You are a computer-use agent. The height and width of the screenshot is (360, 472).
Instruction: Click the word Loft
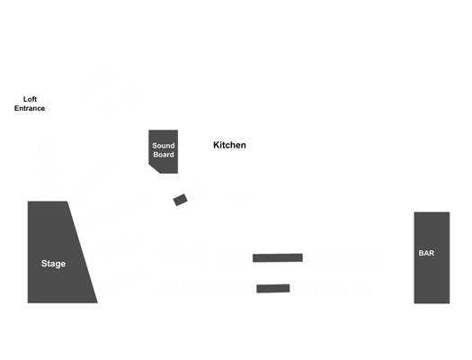pyautogui.click(x=30, y=99)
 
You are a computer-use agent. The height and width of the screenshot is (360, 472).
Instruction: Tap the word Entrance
pyautogui.click(x=30, y=108)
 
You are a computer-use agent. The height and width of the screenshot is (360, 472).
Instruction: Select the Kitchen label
pyautogui.click(x=229, y=145)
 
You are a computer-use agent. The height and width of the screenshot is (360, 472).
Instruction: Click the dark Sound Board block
pyautogui.click(x=164, y=151)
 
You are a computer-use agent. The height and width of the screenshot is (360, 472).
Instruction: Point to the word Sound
pyautogui.click(x=164, y=146)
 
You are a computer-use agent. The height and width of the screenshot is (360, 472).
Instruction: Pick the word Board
pyautogui.click(x=164, y=155)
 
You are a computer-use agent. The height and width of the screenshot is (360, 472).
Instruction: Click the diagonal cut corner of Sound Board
pyautogui.click(x=154, y=169)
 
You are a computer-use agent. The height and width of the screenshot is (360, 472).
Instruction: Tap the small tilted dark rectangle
pyautogui.click(x=181, y=200)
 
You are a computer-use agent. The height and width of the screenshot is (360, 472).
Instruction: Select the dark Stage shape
pyautogui.click(x=58, y=252)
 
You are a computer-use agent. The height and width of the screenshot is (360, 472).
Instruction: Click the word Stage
pyautogui.click(x=53, y=264)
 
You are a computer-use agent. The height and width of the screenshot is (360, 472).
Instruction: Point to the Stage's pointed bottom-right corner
pyautogui.click(x=97, y=302)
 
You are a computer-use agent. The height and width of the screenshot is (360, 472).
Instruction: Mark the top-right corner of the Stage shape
pyautogui.click(x=67, y=202)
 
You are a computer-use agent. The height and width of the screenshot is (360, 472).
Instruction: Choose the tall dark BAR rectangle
pyautogui.click(x=432, y=257)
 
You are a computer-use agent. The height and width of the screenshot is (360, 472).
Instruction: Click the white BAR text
pyautogui.click(x=426, y=253)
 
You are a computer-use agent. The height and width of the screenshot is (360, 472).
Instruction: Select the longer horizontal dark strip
pyautogui.click(x=278, y=258)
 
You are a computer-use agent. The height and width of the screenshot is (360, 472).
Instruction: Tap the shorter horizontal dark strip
pyautogui.click(x=273, y=288)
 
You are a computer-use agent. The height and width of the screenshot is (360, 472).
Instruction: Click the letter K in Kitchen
pyautogui.click(x=216, y=145)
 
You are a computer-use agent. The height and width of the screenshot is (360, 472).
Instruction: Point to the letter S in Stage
pyautogui.click(x=44, y=264)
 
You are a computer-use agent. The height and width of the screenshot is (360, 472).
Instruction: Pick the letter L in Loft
pyautogui.click(x=25, y=99)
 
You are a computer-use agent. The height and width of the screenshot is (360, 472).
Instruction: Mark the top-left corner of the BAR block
pyautogui.click(x=414, y=212)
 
